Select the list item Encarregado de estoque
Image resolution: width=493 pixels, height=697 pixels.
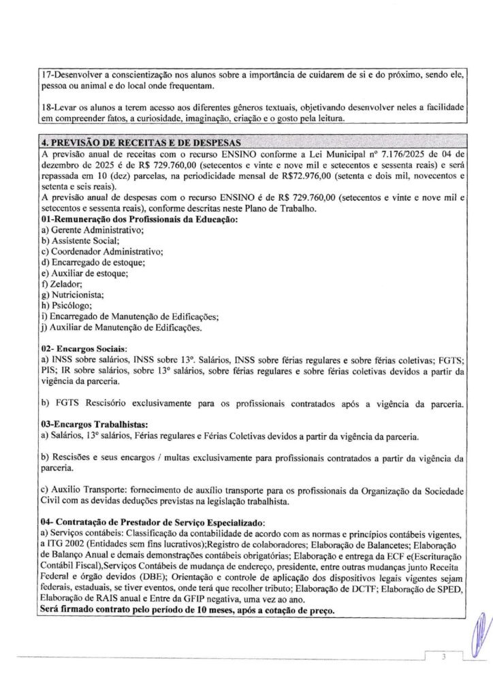[x=93, y=262]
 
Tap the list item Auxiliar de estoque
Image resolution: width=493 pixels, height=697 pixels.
[x=85, y=273]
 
